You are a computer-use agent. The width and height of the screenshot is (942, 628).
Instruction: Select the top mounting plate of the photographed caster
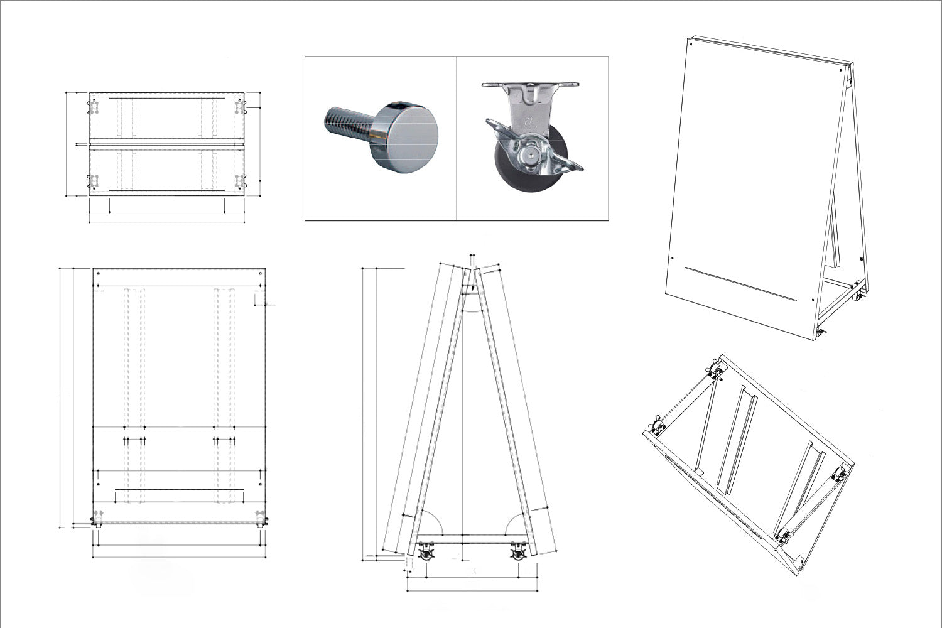click(x=531, y=84)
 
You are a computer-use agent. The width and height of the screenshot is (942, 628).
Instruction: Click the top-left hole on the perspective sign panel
click(x=691, y=43)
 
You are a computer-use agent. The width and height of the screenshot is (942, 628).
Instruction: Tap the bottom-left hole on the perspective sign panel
click(x=673, y=257)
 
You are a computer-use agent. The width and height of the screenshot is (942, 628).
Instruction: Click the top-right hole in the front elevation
click(x=261, y=274)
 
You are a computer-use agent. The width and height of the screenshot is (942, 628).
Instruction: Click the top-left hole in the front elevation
click(x=99, y=274)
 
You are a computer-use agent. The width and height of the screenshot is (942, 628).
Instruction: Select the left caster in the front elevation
click(x=98, y=521)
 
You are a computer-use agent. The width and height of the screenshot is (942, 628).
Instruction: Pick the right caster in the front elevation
click(x=261, y=521)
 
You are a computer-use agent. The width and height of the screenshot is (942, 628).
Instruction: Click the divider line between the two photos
click(x=457, y=138)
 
